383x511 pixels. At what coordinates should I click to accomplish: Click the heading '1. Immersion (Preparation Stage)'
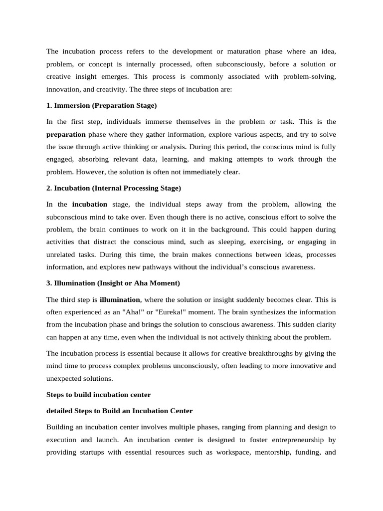[x=101, y=105]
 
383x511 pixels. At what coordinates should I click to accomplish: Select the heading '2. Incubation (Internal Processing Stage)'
[x=114, y=188]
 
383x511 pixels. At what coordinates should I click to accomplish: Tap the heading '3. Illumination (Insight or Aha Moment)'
[x=113, y=283]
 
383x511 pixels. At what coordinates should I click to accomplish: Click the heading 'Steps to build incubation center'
[x=98, y=394]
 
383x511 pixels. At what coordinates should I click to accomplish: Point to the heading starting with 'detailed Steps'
[x=119, y=411]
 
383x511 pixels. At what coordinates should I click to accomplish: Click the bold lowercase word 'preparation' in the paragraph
[x=66, y=134]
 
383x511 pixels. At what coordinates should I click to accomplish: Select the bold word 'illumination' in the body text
[x=120, y=300]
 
